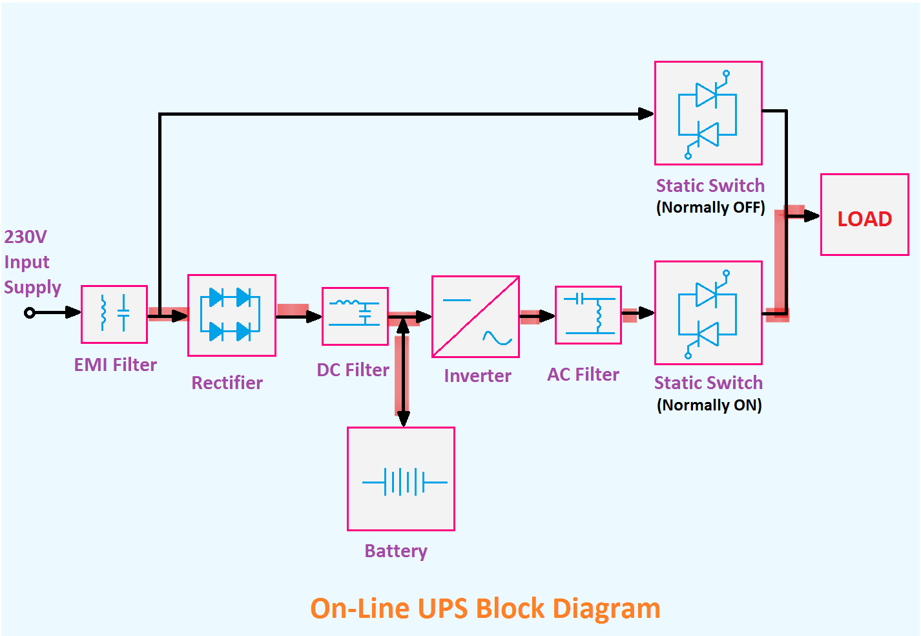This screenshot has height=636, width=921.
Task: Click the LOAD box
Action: (864, 215)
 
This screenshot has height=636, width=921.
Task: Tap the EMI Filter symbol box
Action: (114, 314)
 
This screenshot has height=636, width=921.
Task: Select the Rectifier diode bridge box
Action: (231, 315)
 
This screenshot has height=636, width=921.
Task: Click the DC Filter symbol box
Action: (355, 316)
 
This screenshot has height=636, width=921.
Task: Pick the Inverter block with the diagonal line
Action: (475, 316)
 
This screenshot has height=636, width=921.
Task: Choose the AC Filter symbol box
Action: (588, 315)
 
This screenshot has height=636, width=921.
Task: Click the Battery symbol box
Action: (401, 479)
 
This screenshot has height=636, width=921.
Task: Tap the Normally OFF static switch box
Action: (708, 113)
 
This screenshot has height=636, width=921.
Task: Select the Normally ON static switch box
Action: (708, 313)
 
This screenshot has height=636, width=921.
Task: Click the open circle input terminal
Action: (29, 313)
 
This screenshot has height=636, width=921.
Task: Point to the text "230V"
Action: (25, 237)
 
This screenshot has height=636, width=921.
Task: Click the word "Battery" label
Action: (396, 551)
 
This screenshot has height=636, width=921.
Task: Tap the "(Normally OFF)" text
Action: (710, 207)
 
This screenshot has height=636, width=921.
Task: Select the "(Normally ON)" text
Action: (709, 405)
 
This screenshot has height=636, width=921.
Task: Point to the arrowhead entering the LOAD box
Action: (812, 216)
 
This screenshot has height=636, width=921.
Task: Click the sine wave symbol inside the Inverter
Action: (497, 338)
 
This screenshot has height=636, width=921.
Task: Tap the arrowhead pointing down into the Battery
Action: (404, 419)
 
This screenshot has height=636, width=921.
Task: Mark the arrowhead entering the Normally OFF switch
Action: (646, 114)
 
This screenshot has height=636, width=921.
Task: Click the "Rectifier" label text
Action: (227, 383)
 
